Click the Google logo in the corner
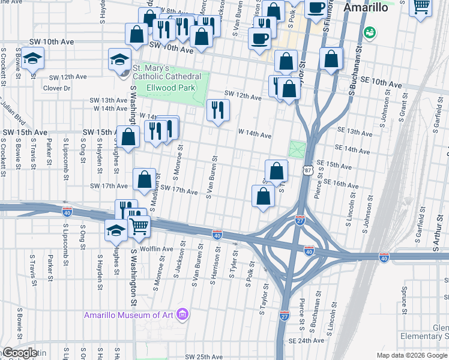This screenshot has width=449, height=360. (x=20, y=353)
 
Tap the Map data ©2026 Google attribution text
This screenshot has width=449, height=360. (x=411, y=355)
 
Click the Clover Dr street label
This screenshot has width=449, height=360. (x=57, y=88)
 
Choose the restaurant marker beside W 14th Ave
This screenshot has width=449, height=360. (x=218, y=110)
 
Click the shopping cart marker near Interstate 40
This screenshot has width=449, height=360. (x=139, y=226)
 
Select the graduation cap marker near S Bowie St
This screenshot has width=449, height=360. (x=33, y=59)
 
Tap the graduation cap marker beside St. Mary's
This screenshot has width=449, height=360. (x=119, y=59)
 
